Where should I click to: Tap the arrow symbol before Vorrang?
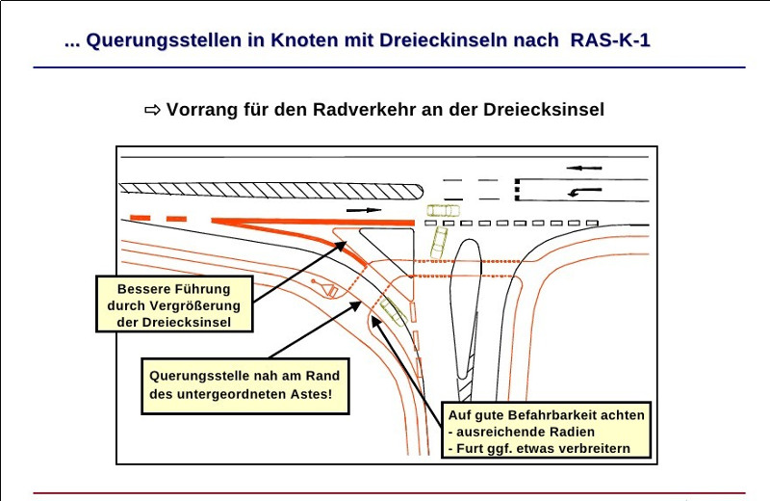[x=152, y=110]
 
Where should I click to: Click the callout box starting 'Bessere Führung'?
[x=174, y=304]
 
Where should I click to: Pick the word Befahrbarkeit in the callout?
[x=559, y=415]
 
